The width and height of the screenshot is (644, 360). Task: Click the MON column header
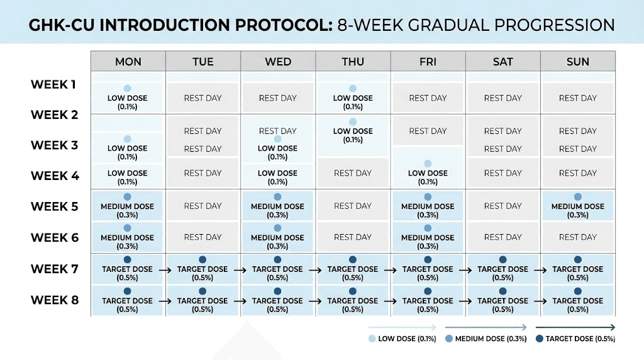(x=128, y=61)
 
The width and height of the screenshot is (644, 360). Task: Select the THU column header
(x=353, y=61)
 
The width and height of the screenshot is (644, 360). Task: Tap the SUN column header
(x=577, y=61)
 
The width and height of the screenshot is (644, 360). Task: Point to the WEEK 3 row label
(x=55, y=145)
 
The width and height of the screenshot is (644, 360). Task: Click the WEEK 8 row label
(x=55, y=300)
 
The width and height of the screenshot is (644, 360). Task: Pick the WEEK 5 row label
(x=55, y=206)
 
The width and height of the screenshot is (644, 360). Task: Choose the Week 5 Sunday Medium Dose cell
(x=577, y=206)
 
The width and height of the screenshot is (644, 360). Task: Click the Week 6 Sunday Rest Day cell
(x=577, y=237)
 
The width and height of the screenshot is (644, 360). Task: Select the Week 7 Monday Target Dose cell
(x=128, y=269)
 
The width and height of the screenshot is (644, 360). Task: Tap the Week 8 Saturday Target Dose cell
(x=502, y=301)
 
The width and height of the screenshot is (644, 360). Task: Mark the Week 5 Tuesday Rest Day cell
(x=203, y=206)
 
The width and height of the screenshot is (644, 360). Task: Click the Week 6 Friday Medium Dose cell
(x=428, y=237)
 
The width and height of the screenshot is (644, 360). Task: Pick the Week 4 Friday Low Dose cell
(x=428, y=174)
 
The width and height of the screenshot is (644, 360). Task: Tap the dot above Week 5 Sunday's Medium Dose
(x=577, y=197)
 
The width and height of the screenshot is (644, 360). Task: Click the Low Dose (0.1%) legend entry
(x=403, y=339)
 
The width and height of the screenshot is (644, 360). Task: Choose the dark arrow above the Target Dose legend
(x=575, y=327)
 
